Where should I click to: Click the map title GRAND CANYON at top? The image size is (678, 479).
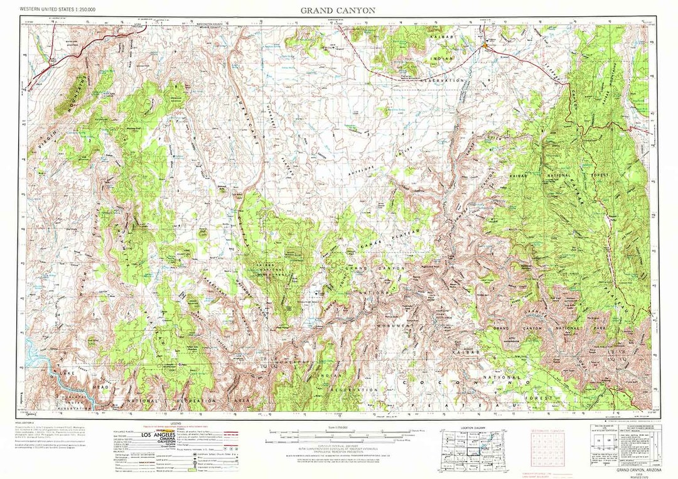pyautogui.click(x=338, y=10)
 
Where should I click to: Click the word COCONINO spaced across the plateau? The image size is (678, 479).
pyautogui.click(x=467, y=381)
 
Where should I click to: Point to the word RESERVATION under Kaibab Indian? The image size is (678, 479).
pyautogui.click(x=443, y=80)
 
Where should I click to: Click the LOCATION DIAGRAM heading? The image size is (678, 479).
pyautogui.click(x=475, y=428)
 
